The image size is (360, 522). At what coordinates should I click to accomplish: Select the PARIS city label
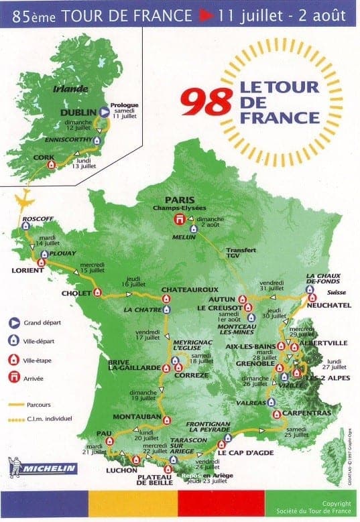179,199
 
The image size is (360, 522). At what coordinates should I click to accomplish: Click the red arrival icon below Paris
179,220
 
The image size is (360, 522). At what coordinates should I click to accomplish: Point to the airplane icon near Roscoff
24,200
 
